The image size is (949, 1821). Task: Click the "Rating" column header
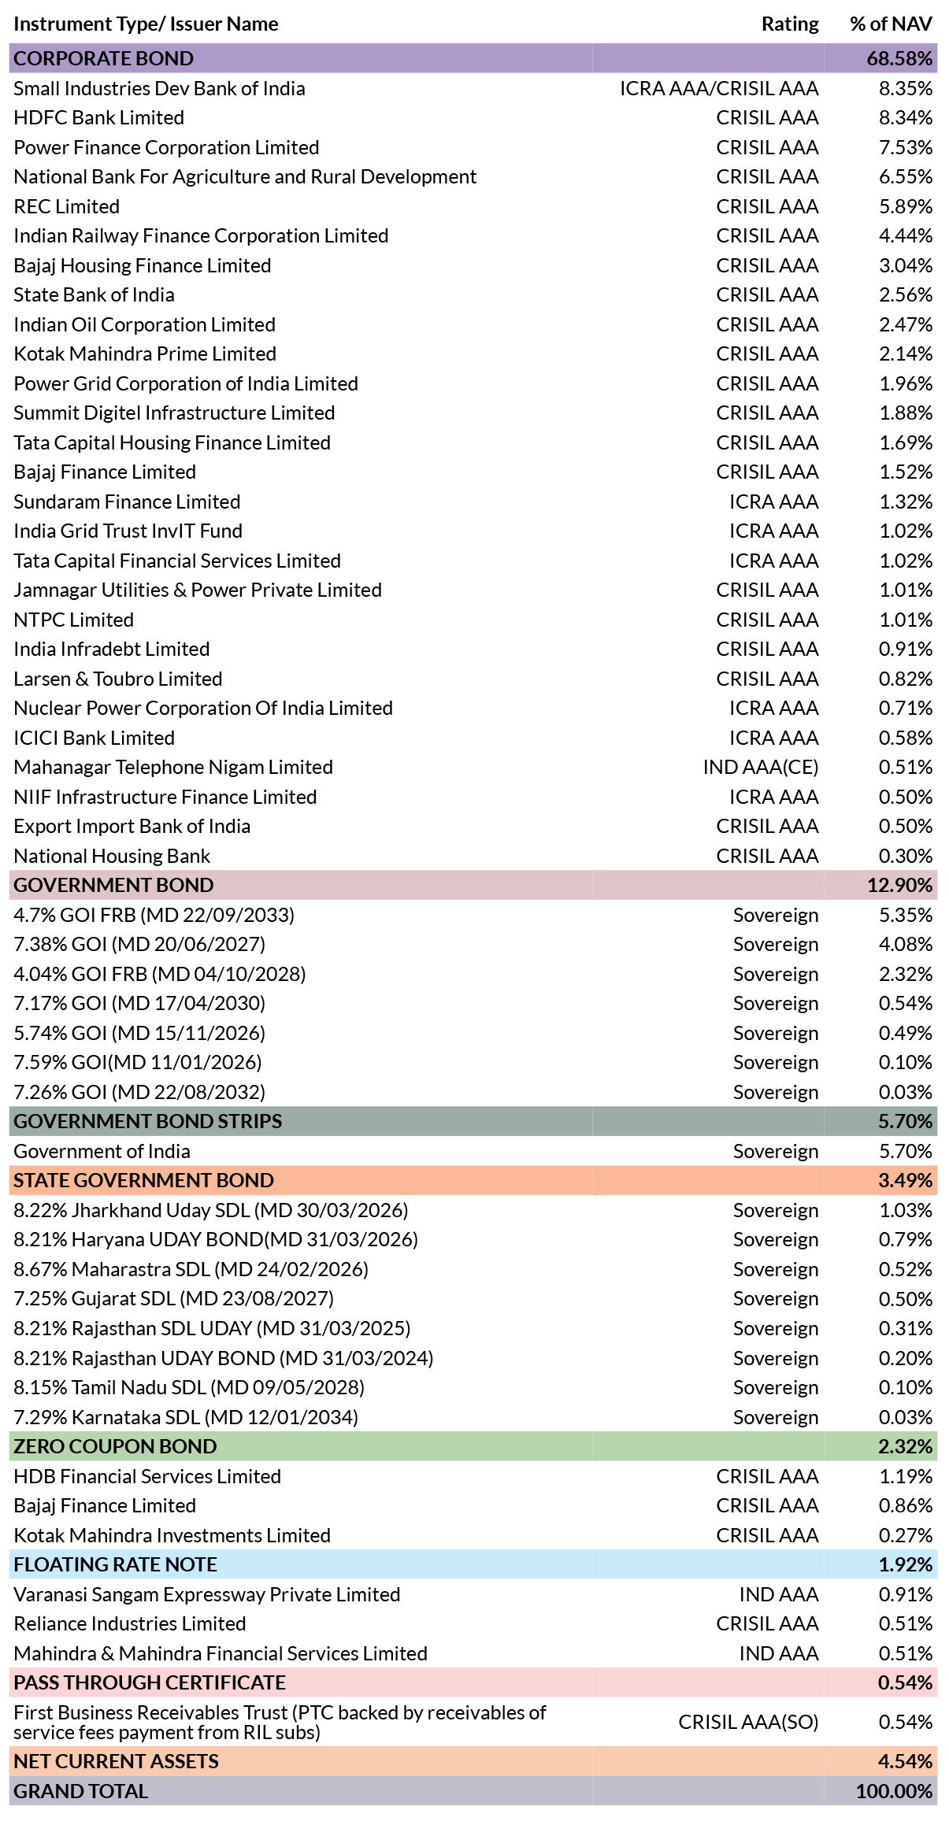pyautogui.click(x=790, y=24)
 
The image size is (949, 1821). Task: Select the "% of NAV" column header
pyautogui.click(x=891, y=24)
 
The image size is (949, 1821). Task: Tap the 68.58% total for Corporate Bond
pyautogui.click(x=899, y=58)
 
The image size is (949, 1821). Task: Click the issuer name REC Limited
pyautogui.click(x=67, y=206)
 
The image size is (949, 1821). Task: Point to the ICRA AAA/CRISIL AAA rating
pyautogui.click(x=719, y=88)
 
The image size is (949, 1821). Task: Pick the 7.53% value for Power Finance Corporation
pyautogui.click(x=906, y=147)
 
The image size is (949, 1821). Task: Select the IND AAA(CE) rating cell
pyautogui.click(x=761, y=767)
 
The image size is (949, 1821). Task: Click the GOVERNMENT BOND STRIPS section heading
pyautogui.click(x=148, y=1121)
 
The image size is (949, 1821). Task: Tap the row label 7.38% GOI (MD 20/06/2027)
pyautogui.click(x=139, y=944)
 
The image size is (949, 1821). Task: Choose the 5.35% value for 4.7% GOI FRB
pyautogui.click(x=906, y=915)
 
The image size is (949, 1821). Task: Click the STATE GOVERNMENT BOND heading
pyautogui.click(x=144, y=1180)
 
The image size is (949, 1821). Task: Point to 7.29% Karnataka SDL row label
pyautogui.click(x=186, y=1417)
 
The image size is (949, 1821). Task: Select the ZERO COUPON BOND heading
pyautogui.click(x=115, y=1446)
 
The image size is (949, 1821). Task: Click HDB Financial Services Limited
pyautogui.click(x=147, y=1476)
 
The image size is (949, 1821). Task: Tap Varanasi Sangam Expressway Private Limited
pyautogui.click(x=207, y=1594)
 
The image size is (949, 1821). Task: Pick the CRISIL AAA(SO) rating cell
pyautogui.click(x=748, y=1723)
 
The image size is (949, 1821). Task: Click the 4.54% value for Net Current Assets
pyautogui.click(x=906, y=1761)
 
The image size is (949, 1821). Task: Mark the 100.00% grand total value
pyautogui.click(x=895, y=1791)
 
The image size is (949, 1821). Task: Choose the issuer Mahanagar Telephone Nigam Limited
pyautogui.click(x=173, y=767)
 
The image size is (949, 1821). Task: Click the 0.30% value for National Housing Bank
pyautogui.click(x=906, y=856)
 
